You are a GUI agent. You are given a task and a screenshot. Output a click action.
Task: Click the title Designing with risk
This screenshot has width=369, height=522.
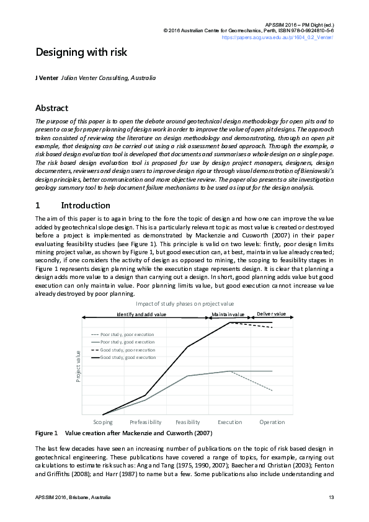81,52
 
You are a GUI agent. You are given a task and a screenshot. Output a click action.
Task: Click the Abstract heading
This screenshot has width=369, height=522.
56,107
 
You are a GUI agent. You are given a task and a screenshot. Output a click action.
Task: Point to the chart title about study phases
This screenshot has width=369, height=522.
185,304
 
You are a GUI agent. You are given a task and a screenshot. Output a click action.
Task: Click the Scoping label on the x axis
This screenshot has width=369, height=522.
103,422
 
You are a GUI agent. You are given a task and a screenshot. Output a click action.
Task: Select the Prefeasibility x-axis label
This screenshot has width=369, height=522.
145,422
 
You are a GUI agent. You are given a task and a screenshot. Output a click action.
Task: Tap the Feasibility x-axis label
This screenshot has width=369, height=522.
188,422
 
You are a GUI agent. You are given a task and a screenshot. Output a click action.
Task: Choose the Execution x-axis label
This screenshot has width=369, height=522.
230,422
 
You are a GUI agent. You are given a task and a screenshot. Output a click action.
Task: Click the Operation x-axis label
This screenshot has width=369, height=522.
272,422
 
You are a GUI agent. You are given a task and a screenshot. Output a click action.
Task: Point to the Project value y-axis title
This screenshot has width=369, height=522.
79,366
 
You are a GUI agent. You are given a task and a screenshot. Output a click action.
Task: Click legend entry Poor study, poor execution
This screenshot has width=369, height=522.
127,334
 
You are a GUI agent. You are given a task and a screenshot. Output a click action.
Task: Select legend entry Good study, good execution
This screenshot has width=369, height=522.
128,358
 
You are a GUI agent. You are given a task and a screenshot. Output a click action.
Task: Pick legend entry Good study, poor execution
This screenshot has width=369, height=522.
128,350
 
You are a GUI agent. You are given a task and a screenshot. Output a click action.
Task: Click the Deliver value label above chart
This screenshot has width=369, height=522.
272,314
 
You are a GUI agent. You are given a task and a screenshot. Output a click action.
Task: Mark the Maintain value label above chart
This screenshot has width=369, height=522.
228,315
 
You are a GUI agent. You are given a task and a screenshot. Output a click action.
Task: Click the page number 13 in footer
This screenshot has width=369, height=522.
331,498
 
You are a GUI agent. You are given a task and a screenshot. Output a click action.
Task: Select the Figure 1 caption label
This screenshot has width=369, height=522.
47,432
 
